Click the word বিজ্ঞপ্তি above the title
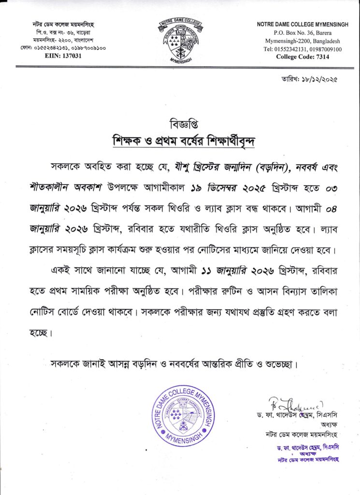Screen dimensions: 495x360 pos(180,120)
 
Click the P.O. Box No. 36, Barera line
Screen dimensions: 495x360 pos(302,32)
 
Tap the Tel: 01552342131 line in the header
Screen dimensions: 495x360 pos(302,49)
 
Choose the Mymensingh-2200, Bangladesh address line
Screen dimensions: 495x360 pos(302,41)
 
